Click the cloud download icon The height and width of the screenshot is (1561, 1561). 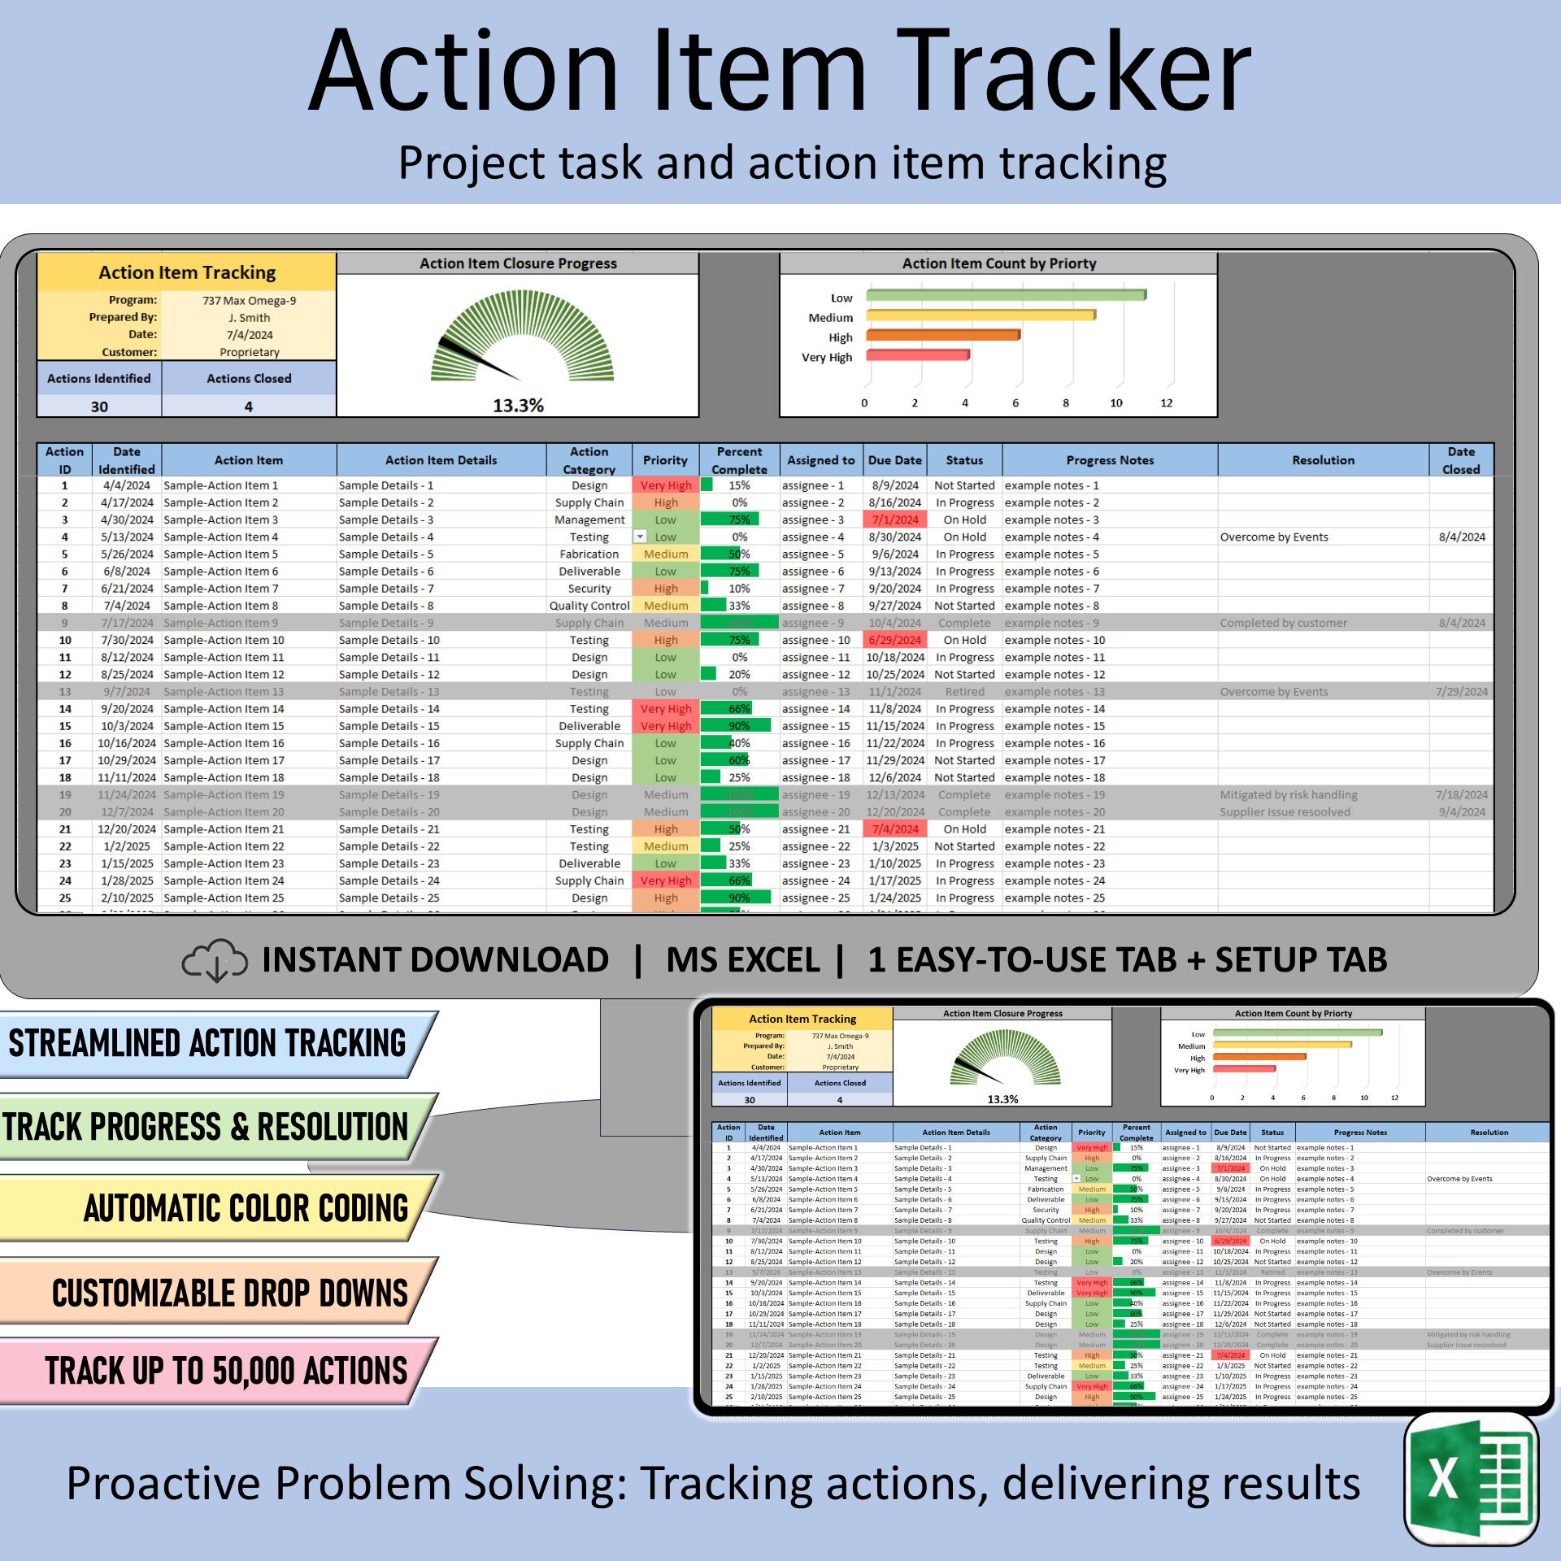pos(215,960)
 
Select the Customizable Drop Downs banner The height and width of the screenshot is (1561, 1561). pos(215,1293)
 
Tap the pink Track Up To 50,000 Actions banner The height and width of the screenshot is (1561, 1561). pos(215,1371)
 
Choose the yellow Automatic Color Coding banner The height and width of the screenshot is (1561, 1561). pos(215,1208)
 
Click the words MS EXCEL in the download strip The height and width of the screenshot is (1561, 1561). pos(742,960)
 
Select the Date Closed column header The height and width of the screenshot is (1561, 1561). pos(1460,460)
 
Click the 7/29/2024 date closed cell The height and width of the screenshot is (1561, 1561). pos(1461,692)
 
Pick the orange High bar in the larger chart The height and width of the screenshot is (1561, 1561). pos(942,335)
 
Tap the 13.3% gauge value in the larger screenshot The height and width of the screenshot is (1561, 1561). pos(518,405)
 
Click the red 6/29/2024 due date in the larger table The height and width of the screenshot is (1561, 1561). pos(894,640)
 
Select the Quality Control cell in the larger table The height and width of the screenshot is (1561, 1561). pos(589,606)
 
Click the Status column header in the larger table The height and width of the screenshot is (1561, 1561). pos(964,460)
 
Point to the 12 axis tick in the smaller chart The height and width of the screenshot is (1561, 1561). pos(1394,1098)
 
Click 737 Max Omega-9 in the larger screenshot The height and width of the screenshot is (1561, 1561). pos(250,301)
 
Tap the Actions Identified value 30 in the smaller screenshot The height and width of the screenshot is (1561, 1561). pos(750,1100)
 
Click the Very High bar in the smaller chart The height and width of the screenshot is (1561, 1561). pos(1244,1069)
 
